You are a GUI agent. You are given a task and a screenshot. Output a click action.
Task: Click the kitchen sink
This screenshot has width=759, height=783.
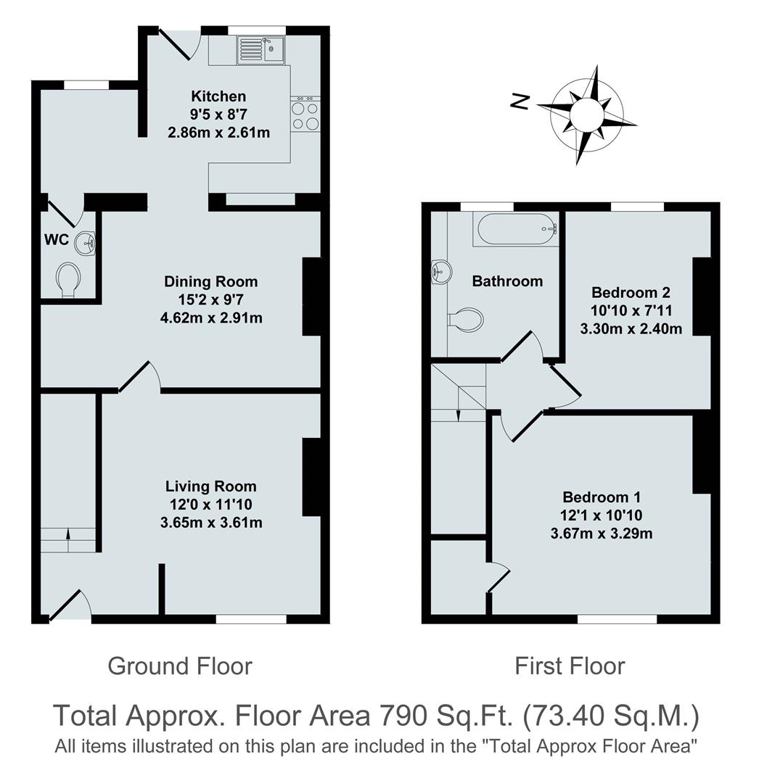point(261,50)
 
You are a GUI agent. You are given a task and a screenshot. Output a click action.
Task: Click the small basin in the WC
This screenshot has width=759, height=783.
point(86,241)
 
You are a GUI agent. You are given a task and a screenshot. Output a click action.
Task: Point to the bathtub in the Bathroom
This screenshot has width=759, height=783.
point(516,229)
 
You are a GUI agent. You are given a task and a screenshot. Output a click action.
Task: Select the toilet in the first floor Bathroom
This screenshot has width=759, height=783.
point(466,320)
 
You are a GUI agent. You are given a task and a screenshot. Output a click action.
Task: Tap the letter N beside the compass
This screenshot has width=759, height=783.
point(520,103)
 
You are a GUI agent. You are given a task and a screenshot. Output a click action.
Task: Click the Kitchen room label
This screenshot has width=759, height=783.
point(218,96)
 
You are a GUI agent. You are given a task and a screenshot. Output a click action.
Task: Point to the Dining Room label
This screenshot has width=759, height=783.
point(210,281)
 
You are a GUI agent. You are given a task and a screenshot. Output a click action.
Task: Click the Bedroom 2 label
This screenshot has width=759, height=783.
point(631,293)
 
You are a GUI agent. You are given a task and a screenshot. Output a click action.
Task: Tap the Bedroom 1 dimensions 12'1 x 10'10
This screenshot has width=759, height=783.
point(602,515)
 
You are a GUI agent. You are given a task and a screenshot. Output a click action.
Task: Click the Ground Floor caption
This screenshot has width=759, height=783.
point(180,666)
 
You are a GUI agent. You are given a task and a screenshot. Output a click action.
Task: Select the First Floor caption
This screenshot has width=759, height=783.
point(570,666)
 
